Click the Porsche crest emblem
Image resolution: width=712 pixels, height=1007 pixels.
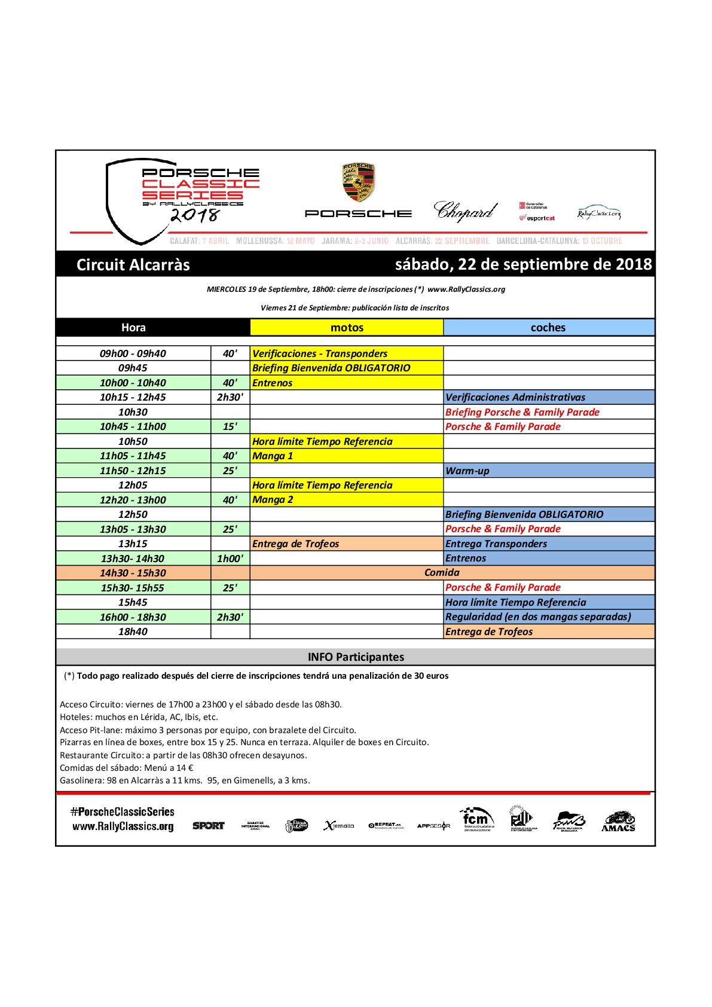point(357,182)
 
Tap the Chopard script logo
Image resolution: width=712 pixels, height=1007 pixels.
point(465,211)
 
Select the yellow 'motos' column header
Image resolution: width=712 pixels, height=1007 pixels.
point(347,328)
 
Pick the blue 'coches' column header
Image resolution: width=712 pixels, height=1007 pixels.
point(548,328)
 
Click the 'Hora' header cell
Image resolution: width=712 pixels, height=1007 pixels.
point(133,328)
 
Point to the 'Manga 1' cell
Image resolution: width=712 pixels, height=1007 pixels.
point(346,456)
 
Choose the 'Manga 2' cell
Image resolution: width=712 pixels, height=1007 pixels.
point(346,500)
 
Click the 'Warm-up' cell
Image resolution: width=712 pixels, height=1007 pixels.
point(548,471)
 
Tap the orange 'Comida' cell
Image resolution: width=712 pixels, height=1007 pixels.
point(442,573)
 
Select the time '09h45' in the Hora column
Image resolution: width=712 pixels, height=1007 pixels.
point(133,368)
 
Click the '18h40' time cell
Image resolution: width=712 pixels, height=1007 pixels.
point(133,632)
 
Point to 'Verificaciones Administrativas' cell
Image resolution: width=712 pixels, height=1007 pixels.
point(548,398)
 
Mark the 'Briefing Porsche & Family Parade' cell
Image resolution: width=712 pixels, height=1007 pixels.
point(548,413)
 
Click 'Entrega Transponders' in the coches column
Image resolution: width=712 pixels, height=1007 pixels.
point(548,544)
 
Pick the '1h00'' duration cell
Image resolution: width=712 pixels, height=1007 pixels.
point(230,559)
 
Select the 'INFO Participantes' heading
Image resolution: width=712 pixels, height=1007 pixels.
point(356,657)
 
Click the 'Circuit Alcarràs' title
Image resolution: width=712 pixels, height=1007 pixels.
point(133,265)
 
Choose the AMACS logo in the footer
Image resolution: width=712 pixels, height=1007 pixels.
point(619,822)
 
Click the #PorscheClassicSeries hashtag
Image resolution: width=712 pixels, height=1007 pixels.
point(123,812)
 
